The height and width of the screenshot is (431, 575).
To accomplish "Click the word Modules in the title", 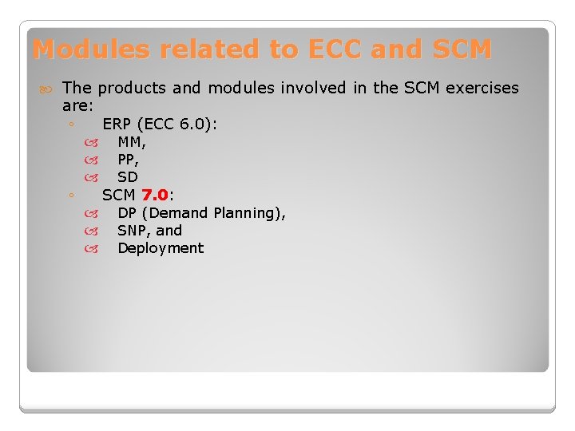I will coord(91,49).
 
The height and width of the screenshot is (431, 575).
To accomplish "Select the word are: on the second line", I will coord(78,105).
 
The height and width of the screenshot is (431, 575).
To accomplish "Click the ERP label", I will coord(117,125).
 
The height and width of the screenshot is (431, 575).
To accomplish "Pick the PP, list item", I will coord(129,160).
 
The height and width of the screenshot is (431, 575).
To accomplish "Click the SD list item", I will coord(128,177).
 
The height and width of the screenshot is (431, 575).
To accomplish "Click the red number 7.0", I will coord(155,195).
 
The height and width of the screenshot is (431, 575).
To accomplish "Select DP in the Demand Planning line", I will coord(126,213).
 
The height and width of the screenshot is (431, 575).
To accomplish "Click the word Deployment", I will coord(161,248).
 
